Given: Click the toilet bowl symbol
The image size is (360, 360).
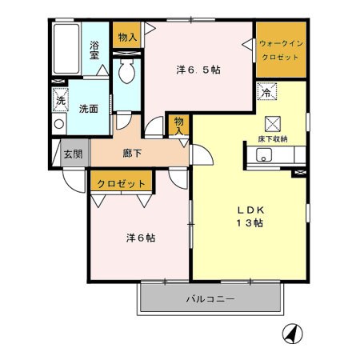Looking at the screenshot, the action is coord(126,70).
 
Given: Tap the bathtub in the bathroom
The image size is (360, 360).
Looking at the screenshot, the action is coord(66,49).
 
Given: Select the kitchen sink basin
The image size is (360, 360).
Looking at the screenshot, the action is coord(264,155).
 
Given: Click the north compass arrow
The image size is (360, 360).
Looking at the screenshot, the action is coord(293,334).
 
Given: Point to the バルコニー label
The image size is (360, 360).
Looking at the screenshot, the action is coord(210,298).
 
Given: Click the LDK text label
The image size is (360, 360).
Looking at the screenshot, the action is coord(250,210).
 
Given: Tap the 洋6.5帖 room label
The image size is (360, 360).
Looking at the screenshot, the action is coord(198,70).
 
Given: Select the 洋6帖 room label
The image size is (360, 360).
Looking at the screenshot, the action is coord(141,238).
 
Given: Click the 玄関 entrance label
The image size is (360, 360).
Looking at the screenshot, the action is coord(73,154).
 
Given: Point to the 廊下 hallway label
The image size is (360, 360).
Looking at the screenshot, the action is coord(132,154).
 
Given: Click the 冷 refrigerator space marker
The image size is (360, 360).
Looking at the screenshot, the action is coord(266,92).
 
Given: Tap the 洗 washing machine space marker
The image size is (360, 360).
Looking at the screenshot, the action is coord(61,100).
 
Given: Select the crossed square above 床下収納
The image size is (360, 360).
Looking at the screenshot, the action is coord(273,124).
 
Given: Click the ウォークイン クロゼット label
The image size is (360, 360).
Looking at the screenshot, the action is coord(281,50).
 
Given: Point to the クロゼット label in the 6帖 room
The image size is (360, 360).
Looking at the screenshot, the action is coord(121,184).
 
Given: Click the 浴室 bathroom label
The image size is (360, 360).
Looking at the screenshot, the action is coord(94,50).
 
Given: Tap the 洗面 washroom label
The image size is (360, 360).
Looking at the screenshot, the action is coord(89,109).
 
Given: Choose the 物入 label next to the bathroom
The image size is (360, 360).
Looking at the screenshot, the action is coord(127,38).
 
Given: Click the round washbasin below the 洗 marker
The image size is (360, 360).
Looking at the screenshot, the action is coord(59,124).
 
